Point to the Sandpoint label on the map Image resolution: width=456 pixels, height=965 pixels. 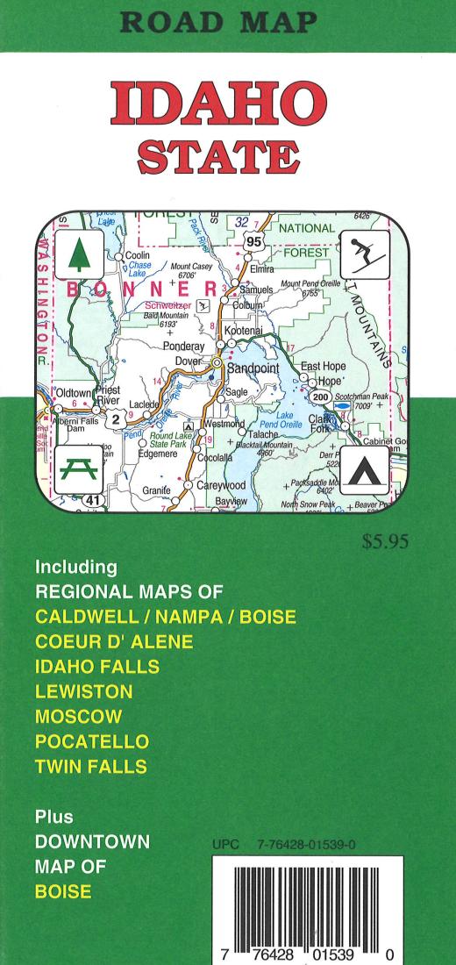[x=254, y=369]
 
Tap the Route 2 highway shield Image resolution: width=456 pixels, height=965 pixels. [x=115, y=418]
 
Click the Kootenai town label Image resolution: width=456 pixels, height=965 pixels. [x=244, y=330]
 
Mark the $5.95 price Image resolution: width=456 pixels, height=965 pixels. [x=386, y=542]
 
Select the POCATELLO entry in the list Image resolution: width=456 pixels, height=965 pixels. [x=92, y=741]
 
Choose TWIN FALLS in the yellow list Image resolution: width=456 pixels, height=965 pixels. [x=90, y=767]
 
